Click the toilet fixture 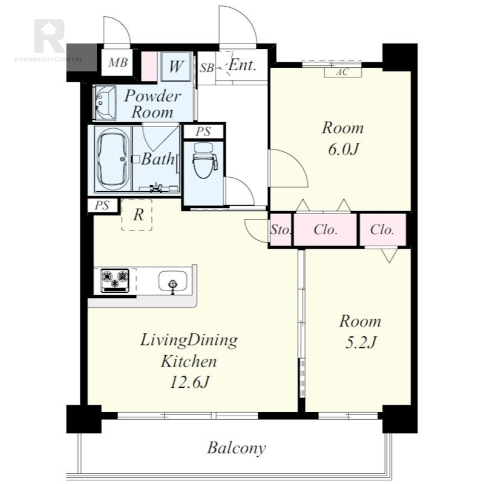point(205,160)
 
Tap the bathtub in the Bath point(113,159)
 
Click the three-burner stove point(115,280)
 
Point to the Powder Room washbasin point(105,103)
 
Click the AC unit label point(342,72)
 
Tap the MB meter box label point(117,62)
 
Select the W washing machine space point(175,67)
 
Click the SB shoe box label point(206,68)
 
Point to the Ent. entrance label point(243,65)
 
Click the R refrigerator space point(137,215)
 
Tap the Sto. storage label point(280,230)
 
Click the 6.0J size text point(343,149)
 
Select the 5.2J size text point(360,342)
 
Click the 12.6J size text point(189,382)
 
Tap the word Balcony point(237,448)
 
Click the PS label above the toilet point(203,132)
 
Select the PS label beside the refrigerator point(102,205)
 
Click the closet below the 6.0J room point(325,230)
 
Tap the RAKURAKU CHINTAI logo point(49,40)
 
